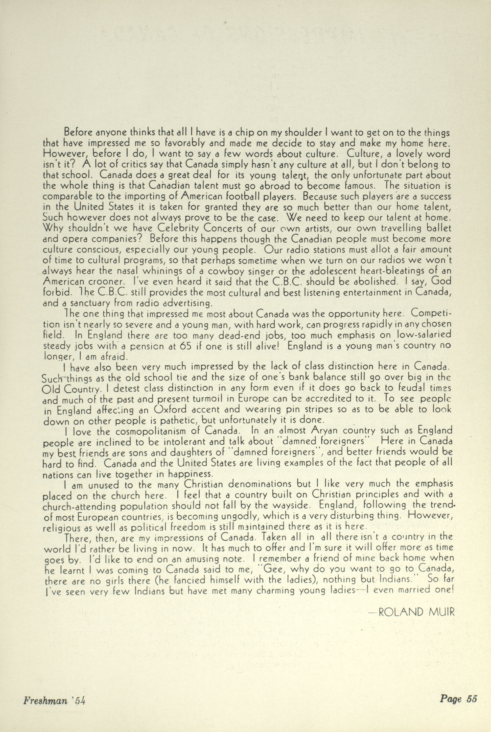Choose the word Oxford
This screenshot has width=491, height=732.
(171, 410)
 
